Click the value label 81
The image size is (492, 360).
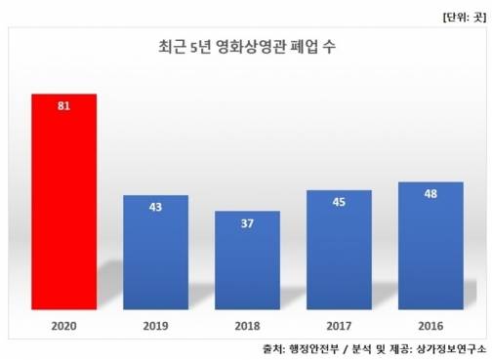[x=63, y=105]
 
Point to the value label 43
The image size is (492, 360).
[x=155, y=207]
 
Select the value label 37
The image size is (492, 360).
[x=247, y=222]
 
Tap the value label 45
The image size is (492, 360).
[x=339, y=202]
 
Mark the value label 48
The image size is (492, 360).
[x=430, y=194]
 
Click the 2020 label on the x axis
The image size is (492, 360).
[x=63, y=323]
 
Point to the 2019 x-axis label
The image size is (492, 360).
[x=155, y=323]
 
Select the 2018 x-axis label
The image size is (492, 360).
[x=247, y=323]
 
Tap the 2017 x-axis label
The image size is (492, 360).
[x=339, y=323]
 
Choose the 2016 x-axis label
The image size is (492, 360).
[x=430, y=323]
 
